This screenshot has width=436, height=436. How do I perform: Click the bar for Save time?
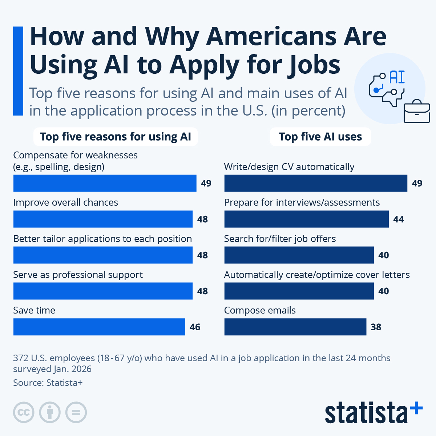[x=99, y=327]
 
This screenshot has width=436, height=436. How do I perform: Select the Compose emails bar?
[x=295, y=327]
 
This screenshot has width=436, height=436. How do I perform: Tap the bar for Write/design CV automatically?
[x=315, y=183]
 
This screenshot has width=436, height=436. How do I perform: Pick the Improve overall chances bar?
[x=103, y=219]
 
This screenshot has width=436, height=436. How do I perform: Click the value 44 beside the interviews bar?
[x=399, y=219]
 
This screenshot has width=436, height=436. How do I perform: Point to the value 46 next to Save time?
[x=195, y=327]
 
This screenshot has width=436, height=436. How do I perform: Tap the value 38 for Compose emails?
[x=376, y=327]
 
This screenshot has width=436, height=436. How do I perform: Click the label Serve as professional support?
[x=78, y=275]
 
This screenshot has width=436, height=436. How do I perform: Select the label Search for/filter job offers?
[x=280, y=239]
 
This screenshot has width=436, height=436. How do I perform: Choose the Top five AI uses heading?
[x=320, y=137]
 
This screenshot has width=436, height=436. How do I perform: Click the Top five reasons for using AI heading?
[x=115, y=137]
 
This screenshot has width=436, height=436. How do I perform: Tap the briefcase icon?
[x=417, y=112]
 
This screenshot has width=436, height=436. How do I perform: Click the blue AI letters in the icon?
[x=397, y=77]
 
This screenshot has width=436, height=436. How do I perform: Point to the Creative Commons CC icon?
[x=24, y=412]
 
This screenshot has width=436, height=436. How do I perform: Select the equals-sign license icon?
[x=76, y=412]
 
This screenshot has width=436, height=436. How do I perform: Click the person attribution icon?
[x=50, y=412]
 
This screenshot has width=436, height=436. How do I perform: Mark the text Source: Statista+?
[x=48, y=383]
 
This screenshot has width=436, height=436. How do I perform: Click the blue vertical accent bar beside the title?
[x=18, y=71]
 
